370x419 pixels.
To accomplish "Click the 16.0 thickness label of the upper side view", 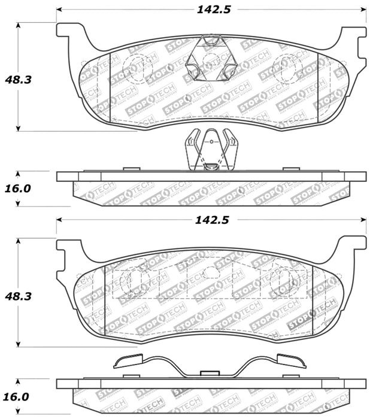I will tap(18, 189).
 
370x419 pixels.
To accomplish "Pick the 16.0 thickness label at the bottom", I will tap(18, 396).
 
